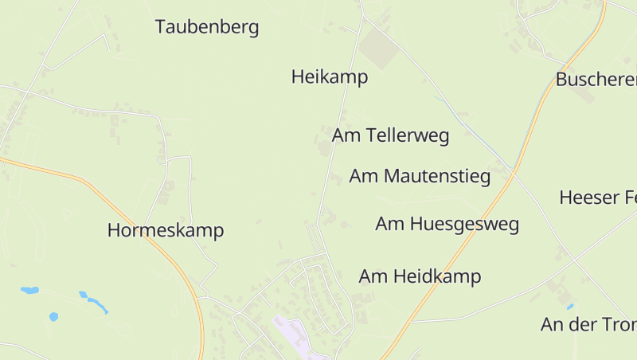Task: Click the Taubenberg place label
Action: [207, 27]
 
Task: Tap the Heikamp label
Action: [330, 77]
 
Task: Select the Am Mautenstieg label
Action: [420, 176]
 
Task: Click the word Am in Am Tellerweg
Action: [347, 135]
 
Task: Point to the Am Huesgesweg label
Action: [447, 224]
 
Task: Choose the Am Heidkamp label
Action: [420, 276]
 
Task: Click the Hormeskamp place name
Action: [166, 231]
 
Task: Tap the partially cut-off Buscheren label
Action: [596, 80]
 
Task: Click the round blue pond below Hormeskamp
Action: [53, 316]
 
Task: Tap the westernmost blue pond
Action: [29, 291]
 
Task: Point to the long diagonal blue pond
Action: [95, 302]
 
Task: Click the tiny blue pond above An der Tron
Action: [570, 306]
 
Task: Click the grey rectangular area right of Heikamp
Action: [379, 49]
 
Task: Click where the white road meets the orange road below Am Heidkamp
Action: [411, 321]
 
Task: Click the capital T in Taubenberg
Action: [161, 27]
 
